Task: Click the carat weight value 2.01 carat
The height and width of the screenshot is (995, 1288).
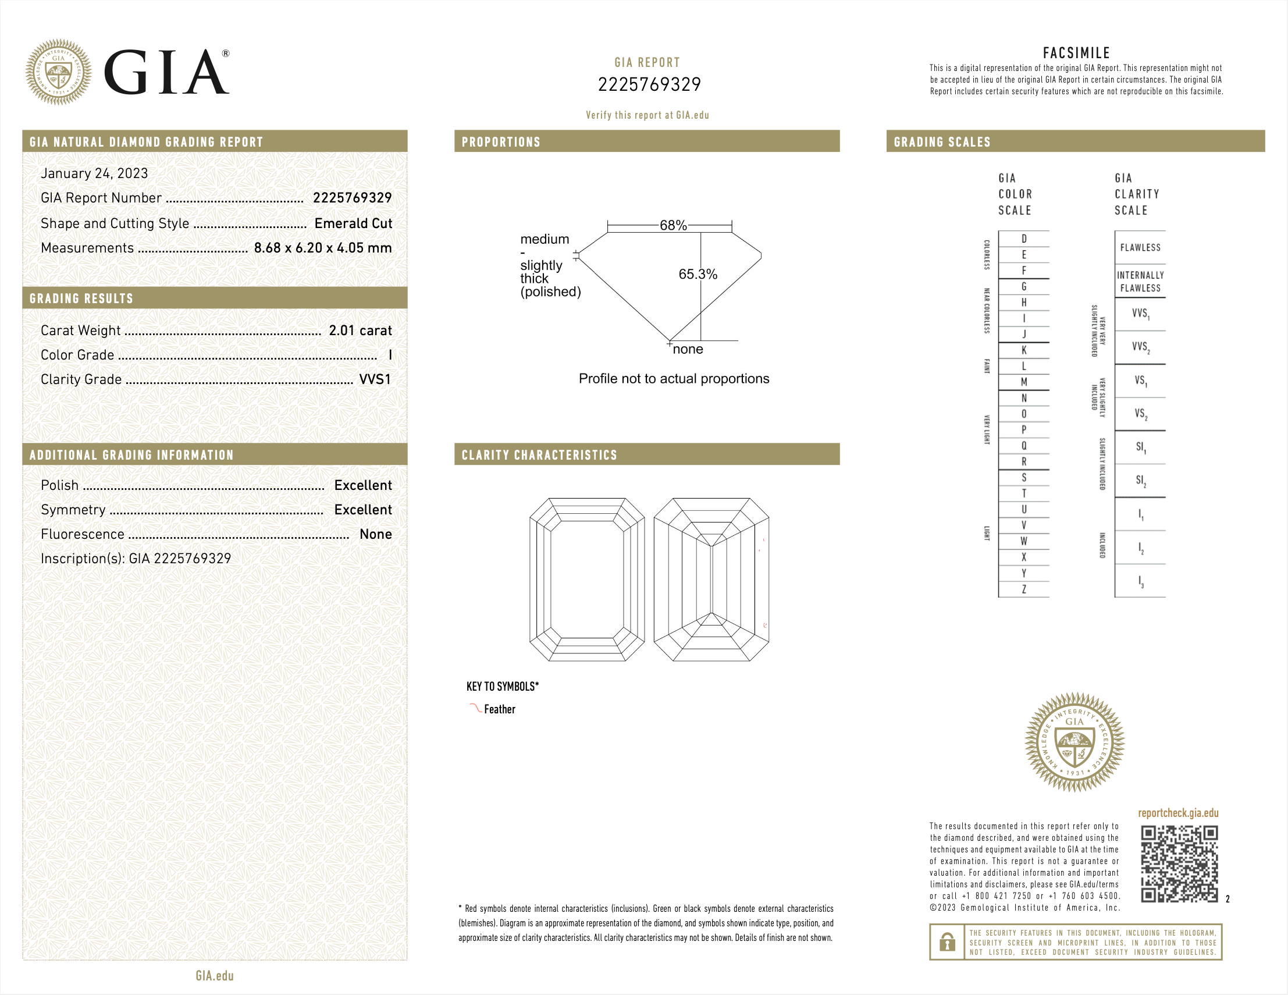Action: [x=360, y=331]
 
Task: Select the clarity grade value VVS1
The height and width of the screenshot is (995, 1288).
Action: [x=375, y=379]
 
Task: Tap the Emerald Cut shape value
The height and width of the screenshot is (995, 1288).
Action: [x=353, y=223]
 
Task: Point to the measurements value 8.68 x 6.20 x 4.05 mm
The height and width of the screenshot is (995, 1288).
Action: [x=323, y=248]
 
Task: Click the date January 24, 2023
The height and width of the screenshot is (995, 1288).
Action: [x=94, y=173]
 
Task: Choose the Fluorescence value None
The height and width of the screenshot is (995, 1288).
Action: [x=376, y=534]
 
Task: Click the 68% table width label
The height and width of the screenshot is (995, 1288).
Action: [x=673, y=225]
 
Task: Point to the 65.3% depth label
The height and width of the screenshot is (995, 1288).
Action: [x=698, y=274]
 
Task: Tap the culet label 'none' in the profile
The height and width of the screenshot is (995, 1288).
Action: [x=688, y=349]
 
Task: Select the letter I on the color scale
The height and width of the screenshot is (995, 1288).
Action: [x=1024, y=318]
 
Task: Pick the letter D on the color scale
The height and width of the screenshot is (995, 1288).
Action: [x=1024, y=239]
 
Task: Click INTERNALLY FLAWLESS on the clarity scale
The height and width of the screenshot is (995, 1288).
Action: [x=1140, y=282]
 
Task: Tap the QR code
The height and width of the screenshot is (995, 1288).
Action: [x=1179, y=864]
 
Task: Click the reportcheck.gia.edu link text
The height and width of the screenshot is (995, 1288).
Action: [x=1177, y=813]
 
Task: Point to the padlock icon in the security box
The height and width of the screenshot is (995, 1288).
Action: [x=947, y=942]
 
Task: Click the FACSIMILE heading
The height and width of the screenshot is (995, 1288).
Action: [x=1076, y=53]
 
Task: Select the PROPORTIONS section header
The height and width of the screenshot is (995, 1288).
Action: [x=501, y=142]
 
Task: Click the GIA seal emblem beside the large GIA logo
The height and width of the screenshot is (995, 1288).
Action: [x=58, y=73]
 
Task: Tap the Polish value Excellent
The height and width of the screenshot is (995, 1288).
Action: [x=362, y=485]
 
